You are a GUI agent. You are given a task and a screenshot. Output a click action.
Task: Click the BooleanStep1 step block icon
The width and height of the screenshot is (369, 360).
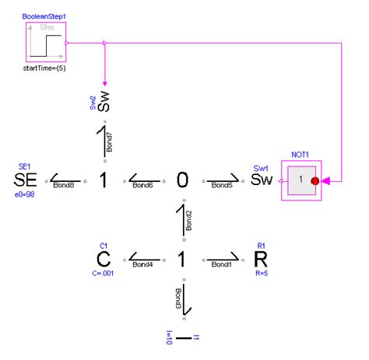coord(44,43)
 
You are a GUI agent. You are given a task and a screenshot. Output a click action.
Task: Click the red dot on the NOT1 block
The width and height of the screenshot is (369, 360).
coord(315,181)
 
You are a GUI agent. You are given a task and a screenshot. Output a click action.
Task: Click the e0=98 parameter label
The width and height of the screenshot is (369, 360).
coord(25,199)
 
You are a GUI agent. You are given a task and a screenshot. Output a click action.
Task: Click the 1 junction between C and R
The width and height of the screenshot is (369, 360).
coord(182,259)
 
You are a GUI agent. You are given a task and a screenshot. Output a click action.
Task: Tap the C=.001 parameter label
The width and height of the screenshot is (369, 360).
coord(103,274)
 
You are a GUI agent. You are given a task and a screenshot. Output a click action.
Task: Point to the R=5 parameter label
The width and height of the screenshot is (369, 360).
coord(262,274)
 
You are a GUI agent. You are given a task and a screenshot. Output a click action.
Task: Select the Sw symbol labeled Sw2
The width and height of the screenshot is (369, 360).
coord(104,103)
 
